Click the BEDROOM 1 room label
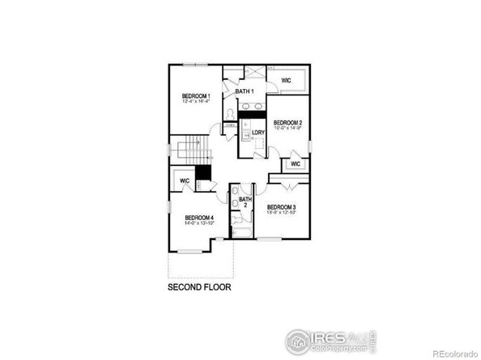pyautogui.click(x=196, y=96)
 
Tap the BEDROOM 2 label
pyautogui.click(x=287, y=122)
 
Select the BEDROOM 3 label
pyautogui.click(x=282, y=207)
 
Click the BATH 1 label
pyautogui.click(x=245, y=91)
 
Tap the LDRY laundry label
pyautogui.click(x=258, y=132)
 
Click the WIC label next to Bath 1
pyautogui.click(x=286, y=81)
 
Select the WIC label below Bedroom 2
pyautogui.click(x=295, y=164)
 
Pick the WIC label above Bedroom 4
pyautogui.click(x=185, y=180)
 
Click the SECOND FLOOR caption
pyautogui.click(x=199, y=286)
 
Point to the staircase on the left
pyautogui.click(x=194, y=150)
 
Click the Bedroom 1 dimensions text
pyautogui.click(x=196, y=103)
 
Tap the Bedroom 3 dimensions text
pyautogui.click(x=282, y=213)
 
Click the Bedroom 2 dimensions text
pyautogui.click(x=287, y=128)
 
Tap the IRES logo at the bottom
pyautogui.click(x=328, y=340)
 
